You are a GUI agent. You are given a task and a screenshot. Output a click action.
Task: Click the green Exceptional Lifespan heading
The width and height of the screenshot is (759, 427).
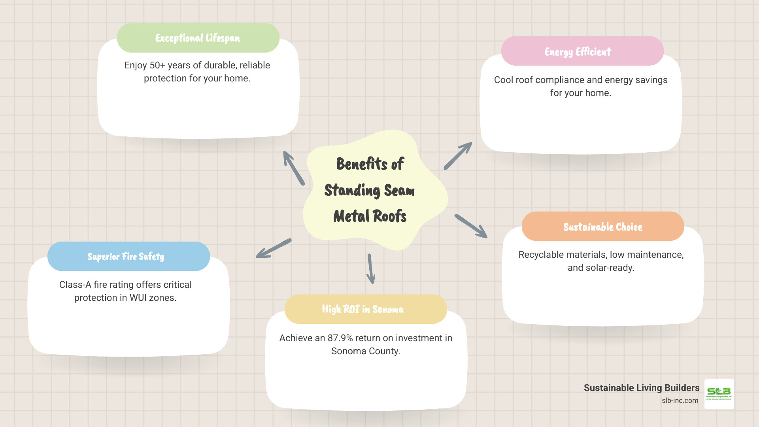(x=198, y=38)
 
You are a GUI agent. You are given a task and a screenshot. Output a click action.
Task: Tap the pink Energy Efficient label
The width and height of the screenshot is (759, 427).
(x=578, y=51)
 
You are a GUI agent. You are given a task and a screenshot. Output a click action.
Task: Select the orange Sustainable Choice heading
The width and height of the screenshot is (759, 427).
(x=602, y=227)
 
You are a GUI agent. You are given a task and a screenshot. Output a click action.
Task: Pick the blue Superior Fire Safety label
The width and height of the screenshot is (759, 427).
(x=126, y=256)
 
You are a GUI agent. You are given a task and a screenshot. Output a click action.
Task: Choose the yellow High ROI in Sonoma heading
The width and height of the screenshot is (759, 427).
(x=363, y=309)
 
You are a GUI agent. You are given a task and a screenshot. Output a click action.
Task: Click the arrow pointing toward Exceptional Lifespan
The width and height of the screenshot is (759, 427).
(x=294, y=168)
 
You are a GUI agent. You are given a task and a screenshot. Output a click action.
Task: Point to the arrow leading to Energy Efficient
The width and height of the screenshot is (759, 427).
(x=458, y=156)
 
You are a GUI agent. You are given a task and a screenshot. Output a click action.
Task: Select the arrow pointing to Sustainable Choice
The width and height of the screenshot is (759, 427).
(x=471, y=226)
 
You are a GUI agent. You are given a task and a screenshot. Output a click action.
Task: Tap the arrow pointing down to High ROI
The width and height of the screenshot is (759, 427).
(x=370, y=269)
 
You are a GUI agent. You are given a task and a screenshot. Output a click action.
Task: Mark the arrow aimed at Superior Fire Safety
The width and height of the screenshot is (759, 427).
(x=274, y=248)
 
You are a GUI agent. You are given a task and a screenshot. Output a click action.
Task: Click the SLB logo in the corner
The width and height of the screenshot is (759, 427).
(x=719, y=394)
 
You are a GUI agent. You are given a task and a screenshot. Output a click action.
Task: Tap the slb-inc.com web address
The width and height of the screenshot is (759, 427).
(x=680, y=401)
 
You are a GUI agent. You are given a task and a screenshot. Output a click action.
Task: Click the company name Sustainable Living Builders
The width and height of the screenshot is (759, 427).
(x=641, y=388)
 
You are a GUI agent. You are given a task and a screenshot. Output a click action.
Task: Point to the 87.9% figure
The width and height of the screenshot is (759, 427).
(x=340, y=338)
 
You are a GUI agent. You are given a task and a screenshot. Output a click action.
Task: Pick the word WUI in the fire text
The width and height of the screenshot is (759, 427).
(x=138, y=298)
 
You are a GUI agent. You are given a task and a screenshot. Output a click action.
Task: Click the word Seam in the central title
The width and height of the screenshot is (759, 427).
(x=399, y=190)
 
